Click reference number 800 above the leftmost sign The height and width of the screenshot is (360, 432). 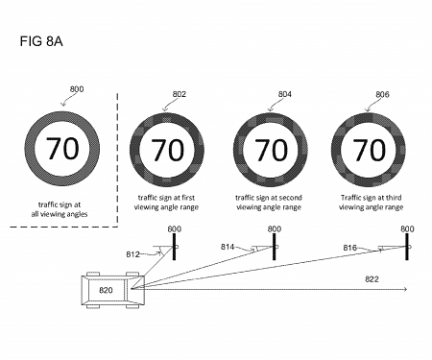pos(77,89)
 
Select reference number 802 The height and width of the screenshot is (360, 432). pos(180,94)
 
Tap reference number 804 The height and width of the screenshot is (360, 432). pos(285,94)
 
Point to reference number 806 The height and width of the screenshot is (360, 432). pos(382,94)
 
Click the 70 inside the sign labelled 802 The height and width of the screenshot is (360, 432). pos(169,150)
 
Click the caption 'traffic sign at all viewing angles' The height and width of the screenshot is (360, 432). pos(63,209)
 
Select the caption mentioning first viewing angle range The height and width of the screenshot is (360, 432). pos(169,203)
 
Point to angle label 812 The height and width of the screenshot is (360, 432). pos(132,253)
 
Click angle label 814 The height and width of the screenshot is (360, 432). pos(228,248)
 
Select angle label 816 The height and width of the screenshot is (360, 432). pos(351,248)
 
